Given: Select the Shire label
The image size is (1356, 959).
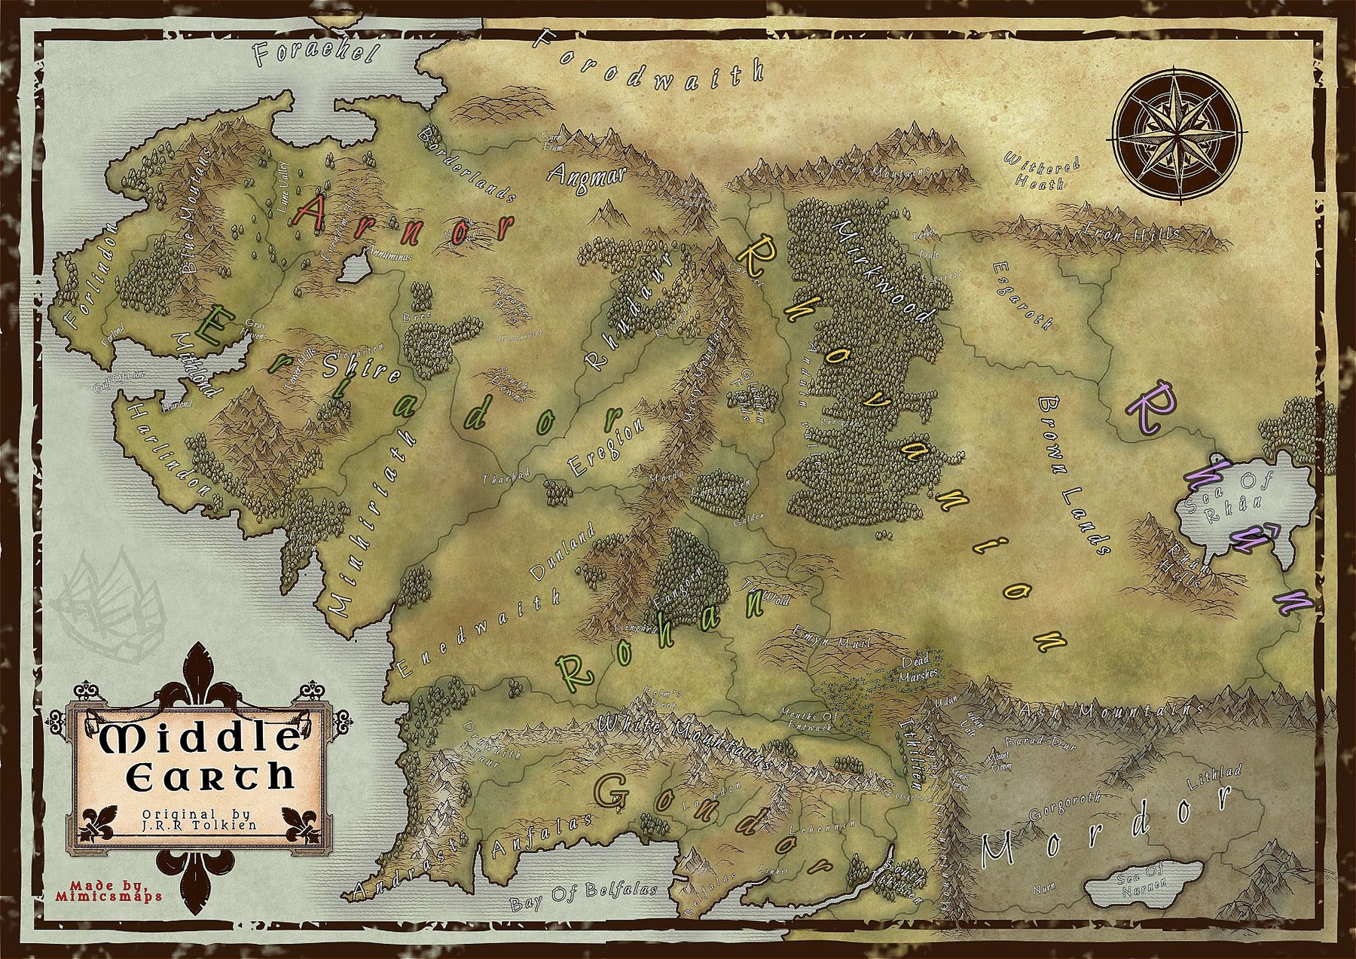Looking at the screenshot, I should click(x=361, y=367).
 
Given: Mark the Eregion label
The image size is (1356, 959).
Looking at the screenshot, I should click(x=606, y=447).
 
